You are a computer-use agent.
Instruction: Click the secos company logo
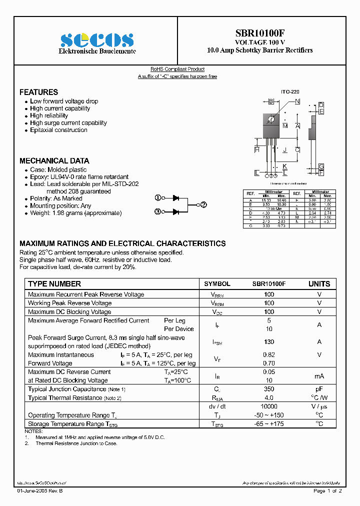click(97, 40)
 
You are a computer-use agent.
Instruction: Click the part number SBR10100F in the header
click(260, 32)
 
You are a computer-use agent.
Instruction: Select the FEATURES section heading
click(38, 92)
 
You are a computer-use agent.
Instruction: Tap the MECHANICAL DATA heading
click(54, 161)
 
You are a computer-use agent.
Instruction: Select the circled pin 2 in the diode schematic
click(203, 204)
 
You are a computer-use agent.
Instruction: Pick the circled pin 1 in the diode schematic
click(157, 198)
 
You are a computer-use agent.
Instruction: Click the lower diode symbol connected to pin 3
click(175, 212)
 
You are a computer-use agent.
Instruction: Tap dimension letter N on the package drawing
click(297, 102)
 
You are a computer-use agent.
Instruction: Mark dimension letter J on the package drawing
click(284, 150)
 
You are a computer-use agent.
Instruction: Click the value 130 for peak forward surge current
click(269, 342)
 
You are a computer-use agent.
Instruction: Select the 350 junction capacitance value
click(269, 389)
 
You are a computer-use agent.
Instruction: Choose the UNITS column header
click(319, 284)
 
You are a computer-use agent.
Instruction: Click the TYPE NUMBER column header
click(54, 284)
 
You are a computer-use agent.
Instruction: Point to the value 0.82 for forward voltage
click(269, 354)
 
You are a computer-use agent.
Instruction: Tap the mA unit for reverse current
click(319, 376)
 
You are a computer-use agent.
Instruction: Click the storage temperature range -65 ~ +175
click(269, 424)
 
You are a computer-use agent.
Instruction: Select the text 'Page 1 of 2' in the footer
click(327, 491)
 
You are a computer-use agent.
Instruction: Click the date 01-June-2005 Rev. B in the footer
click(40, 491)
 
